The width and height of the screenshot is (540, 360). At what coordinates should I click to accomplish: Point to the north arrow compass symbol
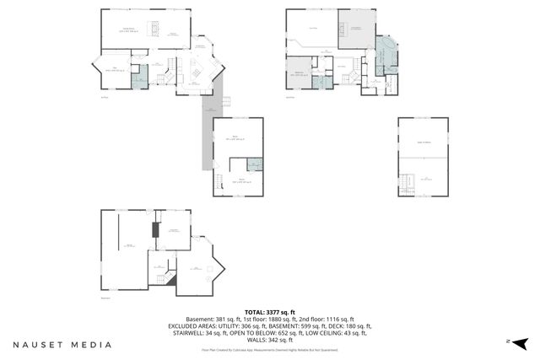521,341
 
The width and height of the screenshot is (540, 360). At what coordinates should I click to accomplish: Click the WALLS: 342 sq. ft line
269,339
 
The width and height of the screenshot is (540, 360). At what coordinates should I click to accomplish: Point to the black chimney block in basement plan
154,229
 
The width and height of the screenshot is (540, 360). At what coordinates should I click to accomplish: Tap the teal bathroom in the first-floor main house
142,73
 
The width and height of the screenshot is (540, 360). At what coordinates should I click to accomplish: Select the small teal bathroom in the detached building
254,164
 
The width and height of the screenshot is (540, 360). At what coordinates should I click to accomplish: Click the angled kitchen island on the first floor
193,74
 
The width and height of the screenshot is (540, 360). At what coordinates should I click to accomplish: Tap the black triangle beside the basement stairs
171,281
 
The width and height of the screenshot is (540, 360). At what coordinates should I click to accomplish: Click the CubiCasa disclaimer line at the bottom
269,348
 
